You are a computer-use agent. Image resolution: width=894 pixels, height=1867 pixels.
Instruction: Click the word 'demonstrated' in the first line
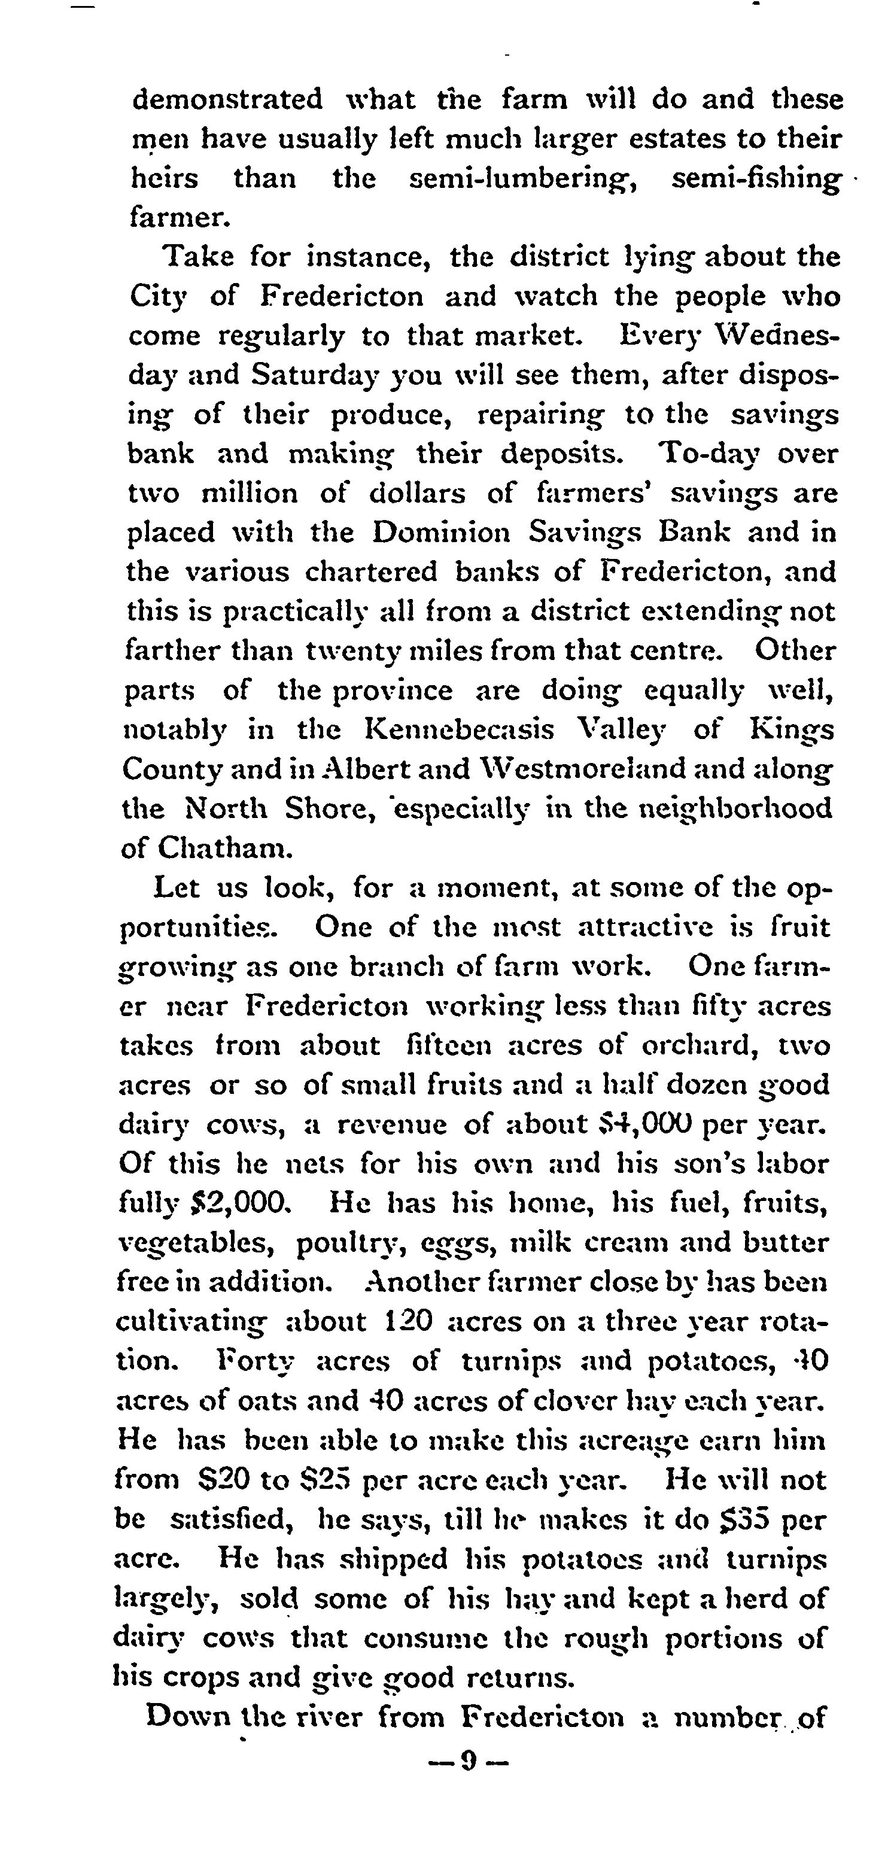[227, 99]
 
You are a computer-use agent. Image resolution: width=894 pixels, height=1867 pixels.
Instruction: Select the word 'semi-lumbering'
[523, 179]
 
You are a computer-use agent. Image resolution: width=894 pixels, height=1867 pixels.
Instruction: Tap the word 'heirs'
[165, 178]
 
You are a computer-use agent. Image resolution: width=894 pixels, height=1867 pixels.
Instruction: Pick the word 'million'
[248, 494]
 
